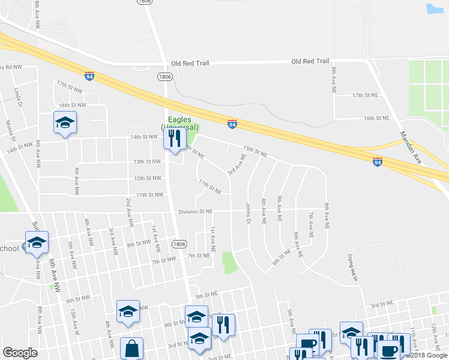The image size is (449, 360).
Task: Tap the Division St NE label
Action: pyautogui.click(x=195, y=211)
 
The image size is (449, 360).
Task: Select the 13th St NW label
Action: pyautogui.click(x=147, y=161)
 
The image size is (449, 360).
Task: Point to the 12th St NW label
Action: pyautogui.click(x=147, y=178)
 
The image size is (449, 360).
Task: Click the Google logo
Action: pyautogui.click(x=20, y=353)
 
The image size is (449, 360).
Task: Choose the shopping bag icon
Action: pyautogui.click(x=131, y=349)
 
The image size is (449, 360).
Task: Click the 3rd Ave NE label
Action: pyautogui.click(x=237, y=164)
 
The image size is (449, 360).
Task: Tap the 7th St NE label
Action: pyautogui.click(x=197, y=256)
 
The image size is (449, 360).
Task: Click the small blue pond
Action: pyautogui.click(x=433, y=9)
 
